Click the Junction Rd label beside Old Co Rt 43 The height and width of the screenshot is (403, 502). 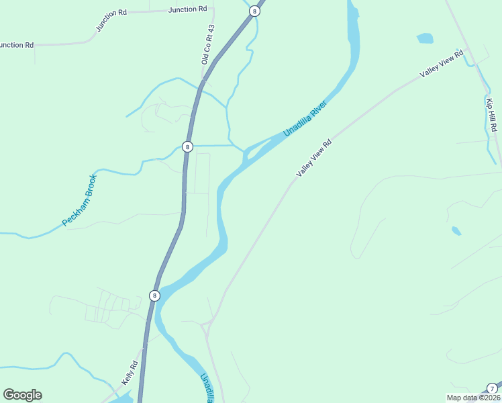(188, 9)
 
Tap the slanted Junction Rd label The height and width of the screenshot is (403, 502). (111, 21)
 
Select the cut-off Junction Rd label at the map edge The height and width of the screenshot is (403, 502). (16, 45)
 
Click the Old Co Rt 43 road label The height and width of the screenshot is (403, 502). (207, 44)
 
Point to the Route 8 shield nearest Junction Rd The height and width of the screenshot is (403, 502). (254, 11)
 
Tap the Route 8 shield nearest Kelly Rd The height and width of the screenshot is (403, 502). (154, 296)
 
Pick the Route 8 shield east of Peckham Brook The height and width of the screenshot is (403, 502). (187, 146)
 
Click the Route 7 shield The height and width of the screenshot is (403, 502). (492, 388)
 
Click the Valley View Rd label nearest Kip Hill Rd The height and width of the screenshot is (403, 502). (442, 64)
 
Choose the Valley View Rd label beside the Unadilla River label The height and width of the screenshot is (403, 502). (314, 159)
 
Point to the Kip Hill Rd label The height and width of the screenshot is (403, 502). (492, 113)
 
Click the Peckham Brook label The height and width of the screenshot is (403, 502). (80, 200)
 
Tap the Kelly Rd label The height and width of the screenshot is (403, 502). (130, 372)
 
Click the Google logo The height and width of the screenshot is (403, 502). (22, 395)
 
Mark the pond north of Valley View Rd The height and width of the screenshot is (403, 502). (425, 38)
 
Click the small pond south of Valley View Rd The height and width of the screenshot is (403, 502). (456, 231)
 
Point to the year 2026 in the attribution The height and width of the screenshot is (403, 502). (490, 398)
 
